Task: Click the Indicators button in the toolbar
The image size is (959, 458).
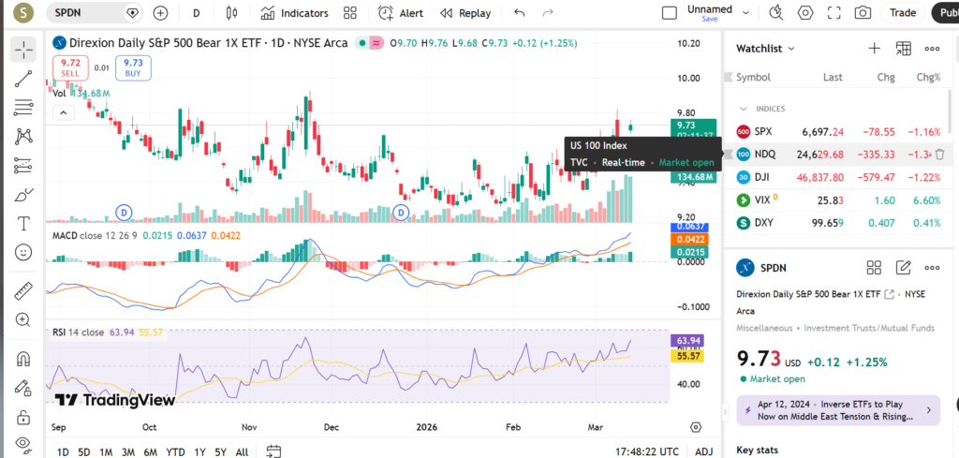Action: [x=294, y=13]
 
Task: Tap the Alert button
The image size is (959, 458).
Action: [x=401, y=13]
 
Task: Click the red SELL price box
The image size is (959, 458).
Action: [x=70, y=66]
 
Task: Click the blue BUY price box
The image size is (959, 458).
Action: [x=132, y=66]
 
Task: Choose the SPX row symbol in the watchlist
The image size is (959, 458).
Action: [x=763, y=131]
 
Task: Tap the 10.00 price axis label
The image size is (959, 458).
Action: [x=689, y=78]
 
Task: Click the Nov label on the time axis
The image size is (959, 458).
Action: [x=249, y=426]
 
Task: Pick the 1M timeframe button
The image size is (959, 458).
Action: [x=106, y=452]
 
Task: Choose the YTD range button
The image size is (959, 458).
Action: [x=174, y=452]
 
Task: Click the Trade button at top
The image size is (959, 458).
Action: [x=903, y=13]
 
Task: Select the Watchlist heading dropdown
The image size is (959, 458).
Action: [x=765, y=49]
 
